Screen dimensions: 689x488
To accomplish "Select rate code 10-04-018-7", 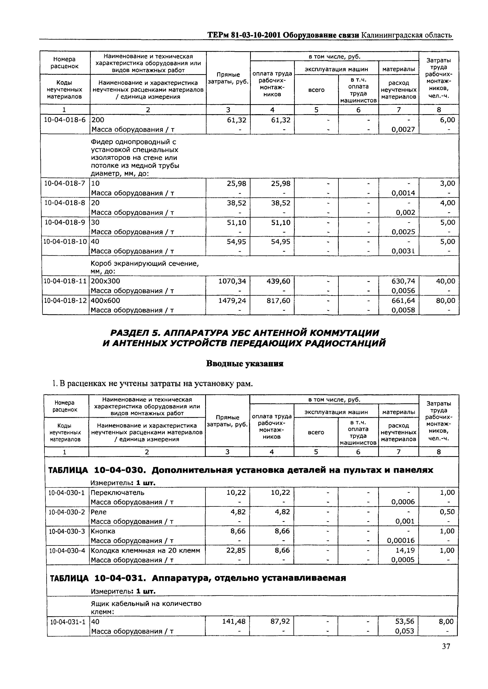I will [x=65, y=183].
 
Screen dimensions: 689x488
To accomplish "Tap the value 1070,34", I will [x=232, y=281].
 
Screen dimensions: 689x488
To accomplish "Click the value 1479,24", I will [x=232, y=301].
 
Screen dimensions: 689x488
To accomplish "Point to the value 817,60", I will [x=279, y=301].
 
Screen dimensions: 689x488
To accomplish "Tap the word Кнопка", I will [x=103, y=531].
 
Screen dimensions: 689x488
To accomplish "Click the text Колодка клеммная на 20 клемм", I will [x=145, y=550].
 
